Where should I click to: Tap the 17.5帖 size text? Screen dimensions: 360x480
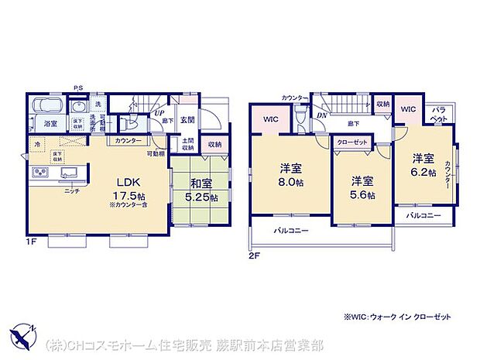coord(105,196)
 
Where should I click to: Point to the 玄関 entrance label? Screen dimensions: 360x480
coord(188,120)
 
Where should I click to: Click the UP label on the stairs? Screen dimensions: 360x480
coord(159,113)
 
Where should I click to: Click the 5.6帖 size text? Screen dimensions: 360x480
coord(362,196)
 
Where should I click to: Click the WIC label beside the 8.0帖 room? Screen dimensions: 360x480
coord(270,119)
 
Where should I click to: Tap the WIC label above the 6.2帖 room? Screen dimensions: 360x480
coord(408,109)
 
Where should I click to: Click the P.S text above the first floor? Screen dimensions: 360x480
coord(78,87)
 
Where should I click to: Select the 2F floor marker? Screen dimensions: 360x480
coord(254,254)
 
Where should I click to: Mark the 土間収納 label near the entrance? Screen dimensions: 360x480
coord(187,144)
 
